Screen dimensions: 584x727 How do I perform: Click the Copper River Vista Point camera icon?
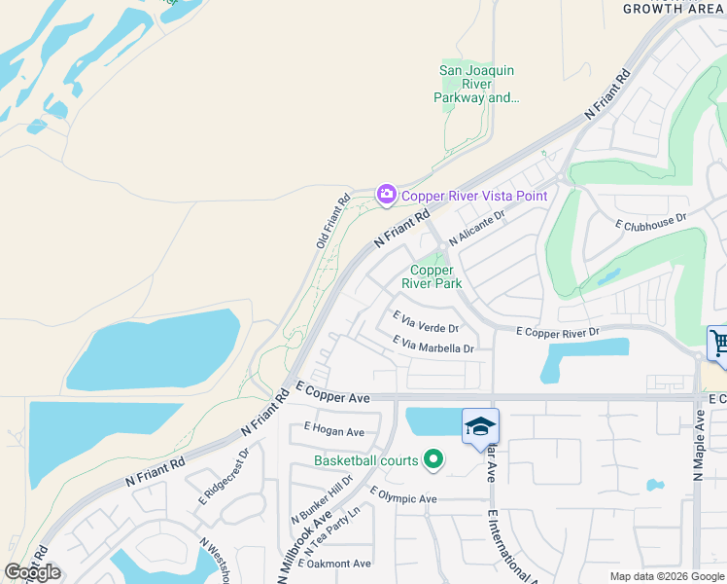click(x=387, y=196)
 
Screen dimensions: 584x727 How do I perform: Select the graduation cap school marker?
click(x=480, y=427)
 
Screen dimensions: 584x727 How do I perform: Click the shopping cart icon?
click(x=719, y=344)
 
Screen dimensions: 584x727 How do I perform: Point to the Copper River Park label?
click(x=433, y=276)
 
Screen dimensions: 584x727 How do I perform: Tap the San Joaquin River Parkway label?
click(x=476, y=84)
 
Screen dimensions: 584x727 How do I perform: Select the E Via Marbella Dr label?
click(x=433, y=344)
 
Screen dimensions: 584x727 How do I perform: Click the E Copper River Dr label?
click(x=558, y=333)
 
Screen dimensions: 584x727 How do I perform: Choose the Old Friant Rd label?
click(x=332, y=222)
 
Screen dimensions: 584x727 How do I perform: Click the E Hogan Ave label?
click(x=333, y=430)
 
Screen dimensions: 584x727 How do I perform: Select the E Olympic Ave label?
click(x=403, y=499)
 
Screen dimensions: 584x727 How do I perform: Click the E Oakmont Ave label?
click(x=336, y=564)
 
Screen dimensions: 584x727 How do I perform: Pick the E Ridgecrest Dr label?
click(x=224, y=474)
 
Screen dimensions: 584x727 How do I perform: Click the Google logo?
click(x=32, y=572)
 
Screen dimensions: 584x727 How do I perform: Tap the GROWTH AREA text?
click(x=674, y=9)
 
